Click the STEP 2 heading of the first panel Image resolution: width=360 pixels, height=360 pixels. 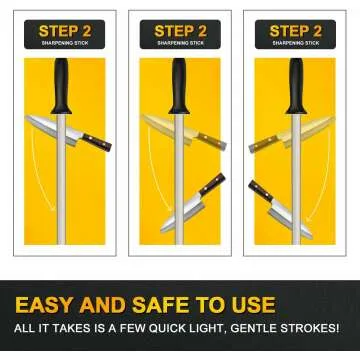(64, 30)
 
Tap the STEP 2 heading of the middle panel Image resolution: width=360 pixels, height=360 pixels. (180, 30)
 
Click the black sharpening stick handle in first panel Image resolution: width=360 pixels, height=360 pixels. (62, 85)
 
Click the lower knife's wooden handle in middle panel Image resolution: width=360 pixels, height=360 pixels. (211, 184)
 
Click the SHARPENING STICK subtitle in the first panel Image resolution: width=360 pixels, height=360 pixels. (64, 44)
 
